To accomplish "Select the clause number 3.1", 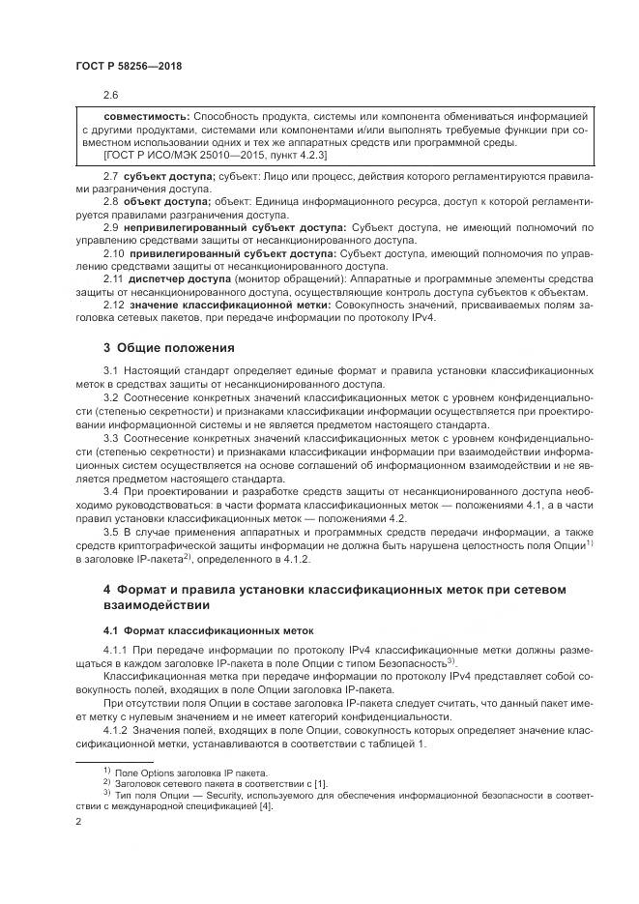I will (x=110, y=371).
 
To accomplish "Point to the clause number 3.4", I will (x=110, y=490).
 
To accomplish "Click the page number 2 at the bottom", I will (x=79, y=820).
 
